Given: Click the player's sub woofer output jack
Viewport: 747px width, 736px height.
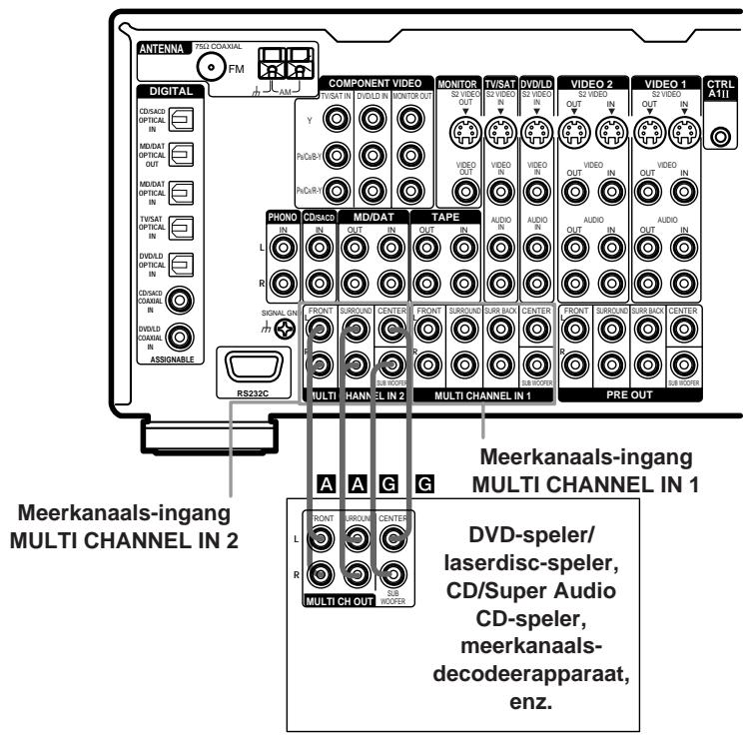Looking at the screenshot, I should coord(390,575).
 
